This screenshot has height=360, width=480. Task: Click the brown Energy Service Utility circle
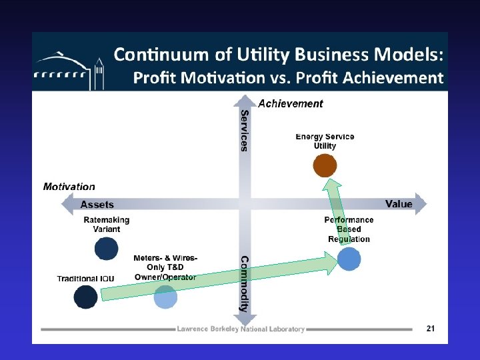coord(324,165)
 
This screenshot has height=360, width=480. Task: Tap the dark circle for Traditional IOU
coord(85,297)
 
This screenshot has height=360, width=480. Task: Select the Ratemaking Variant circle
coord(106,248)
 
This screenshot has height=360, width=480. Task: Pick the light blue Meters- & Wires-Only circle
coord(165,297)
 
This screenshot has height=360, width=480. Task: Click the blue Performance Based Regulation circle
coord(349,259)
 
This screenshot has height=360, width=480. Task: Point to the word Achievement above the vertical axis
coord(290,103)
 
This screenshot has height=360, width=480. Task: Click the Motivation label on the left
coord(69,187)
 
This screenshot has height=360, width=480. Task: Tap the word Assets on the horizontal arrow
coord(97,205)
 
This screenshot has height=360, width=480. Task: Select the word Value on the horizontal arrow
coord(399,203)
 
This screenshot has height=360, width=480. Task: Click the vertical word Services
coord(245,131)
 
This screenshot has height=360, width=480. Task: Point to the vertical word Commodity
coord(245,284)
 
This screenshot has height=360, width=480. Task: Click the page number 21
coord(430,328)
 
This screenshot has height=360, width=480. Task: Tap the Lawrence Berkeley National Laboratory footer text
coord(241,329)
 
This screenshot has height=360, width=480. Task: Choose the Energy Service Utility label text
coord(325,141)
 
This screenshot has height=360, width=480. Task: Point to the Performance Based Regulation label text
coord(349,229)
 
